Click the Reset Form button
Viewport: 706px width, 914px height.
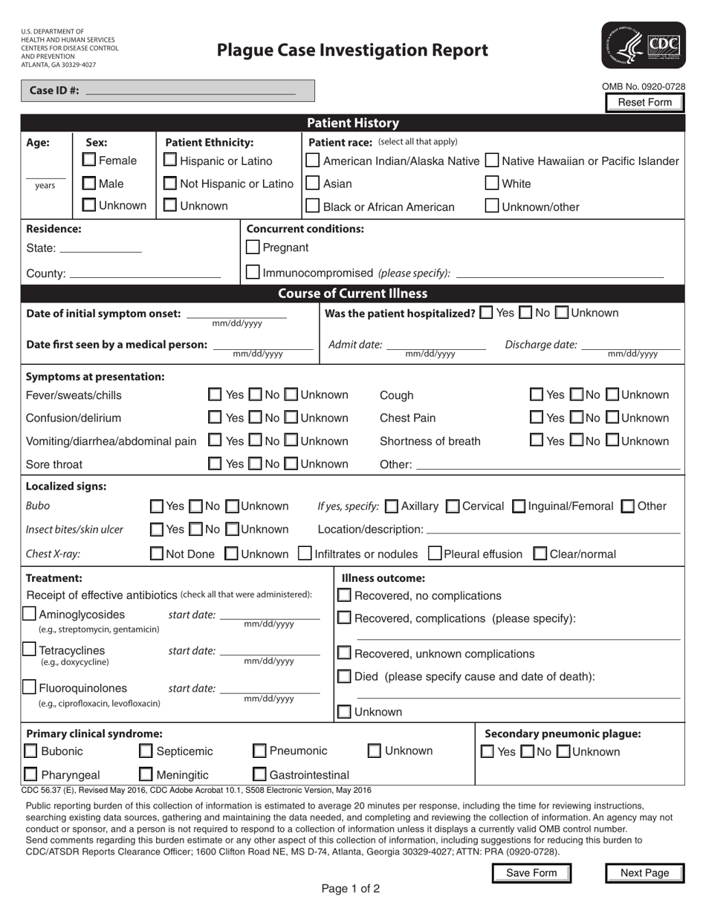pyautogui.click(x=644, y=103)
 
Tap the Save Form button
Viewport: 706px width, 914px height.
pyautogui.click(x=531, y=873)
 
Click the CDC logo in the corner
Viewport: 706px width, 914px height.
pyautogui.click(x=644, y=45)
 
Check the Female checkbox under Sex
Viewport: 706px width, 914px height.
pyautogui.click(x=88, y=160)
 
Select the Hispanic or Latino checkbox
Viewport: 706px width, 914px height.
pyautogui.click(x=170, y=160)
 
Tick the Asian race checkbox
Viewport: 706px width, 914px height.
pyautogui.click(x=314, y=184)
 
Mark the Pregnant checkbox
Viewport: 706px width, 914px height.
pyautogui.click(x=253, y=247)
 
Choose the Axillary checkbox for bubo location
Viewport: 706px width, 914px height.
pyautogui.click(x=392, y=507)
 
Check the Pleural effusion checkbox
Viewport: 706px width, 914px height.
pyautogui.click(x=435, y=554)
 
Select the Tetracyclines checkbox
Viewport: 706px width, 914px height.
pyautogui.click(x=29, y=649)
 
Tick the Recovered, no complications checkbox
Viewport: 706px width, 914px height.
pyautogui.click(x=345, y=595)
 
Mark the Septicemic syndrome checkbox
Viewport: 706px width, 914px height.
pyautogui.click(x=146, y=751)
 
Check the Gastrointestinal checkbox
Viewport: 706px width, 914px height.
pyautogui.click(x=260, y=775)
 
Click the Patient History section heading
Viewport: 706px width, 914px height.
pyautogui.click(x=353, y=123)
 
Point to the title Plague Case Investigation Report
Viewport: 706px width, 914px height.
pyautogui.click(x=352, y=50)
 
